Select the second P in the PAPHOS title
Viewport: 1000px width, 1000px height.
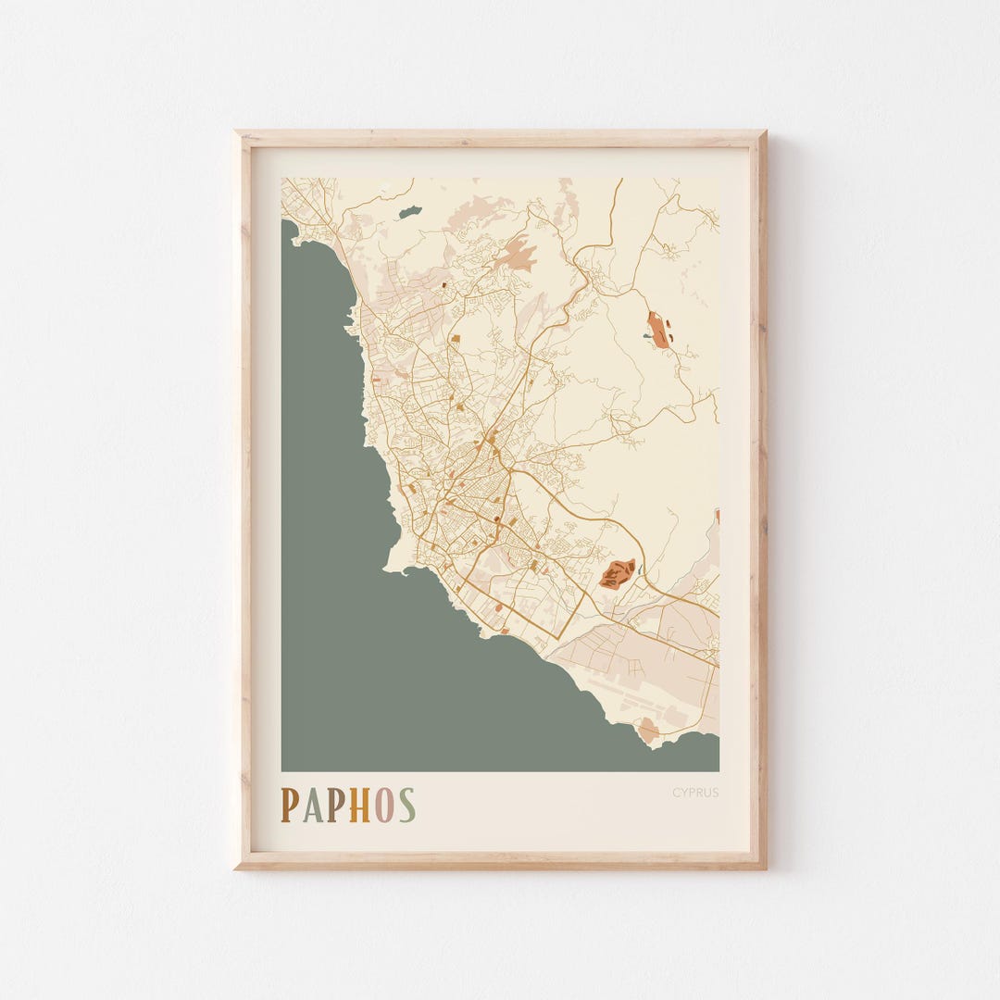[x=335, y=806]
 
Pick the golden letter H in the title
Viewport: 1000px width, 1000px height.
[x=359, y=806]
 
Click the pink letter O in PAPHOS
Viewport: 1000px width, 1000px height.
[x=384, y=806]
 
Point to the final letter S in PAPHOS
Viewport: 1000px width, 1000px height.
[x=406, y=806]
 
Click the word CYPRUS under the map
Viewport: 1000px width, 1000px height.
[x=695, y=793]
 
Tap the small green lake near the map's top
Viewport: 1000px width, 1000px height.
[x=409, y=212]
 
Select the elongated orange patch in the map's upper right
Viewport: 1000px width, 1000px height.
[x=658, y=330]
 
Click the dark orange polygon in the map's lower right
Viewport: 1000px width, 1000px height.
[x=617, y=573]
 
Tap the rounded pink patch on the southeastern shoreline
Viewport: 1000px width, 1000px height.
[x=648, y=731]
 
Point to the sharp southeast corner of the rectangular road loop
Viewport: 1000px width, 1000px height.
[x=559, y=638]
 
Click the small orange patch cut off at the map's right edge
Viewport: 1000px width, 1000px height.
[x=717, y=516]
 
